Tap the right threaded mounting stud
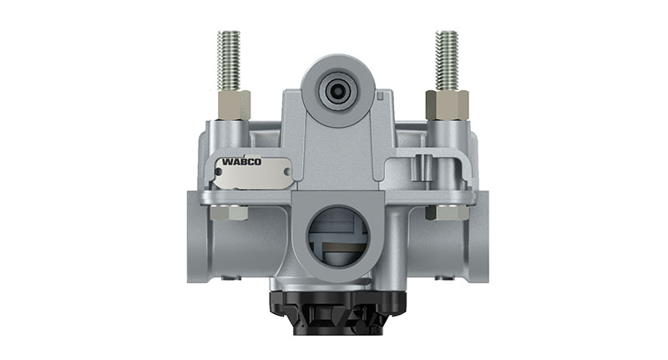447,60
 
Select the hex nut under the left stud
233,104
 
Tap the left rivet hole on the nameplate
218,175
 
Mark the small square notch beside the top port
381,94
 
